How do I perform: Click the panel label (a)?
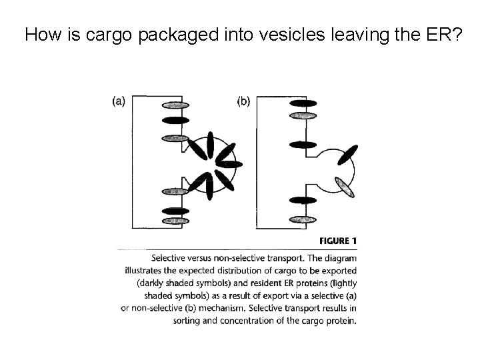click(x=118, y=101)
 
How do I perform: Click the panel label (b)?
click(x=244, y=101)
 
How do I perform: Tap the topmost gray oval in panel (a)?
click(x=175, y=105)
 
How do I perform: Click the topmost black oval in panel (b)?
click(x=303, y=103)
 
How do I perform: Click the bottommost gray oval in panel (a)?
click(x=175, y=220)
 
